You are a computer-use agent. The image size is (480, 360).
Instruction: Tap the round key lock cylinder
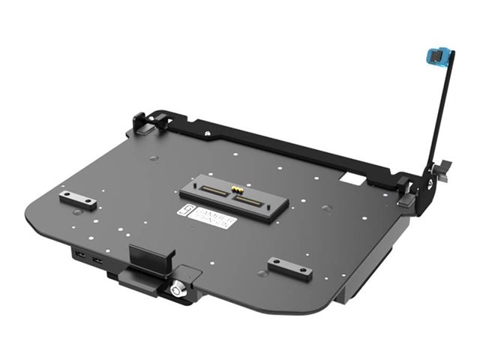179,288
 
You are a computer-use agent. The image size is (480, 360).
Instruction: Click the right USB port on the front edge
97,262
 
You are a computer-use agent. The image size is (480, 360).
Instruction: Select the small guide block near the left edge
78,198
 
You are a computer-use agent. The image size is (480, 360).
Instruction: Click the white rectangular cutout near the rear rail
349,180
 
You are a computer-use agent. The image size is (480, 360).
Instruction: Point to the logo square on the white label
187,212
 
